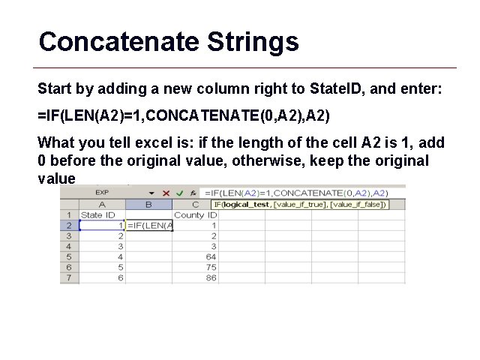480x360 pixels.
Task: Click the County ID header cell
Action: click(194, 214)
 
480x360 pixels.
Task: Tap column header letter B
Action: click(148, 204)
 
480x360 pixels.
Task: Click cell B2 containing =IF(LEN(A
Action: click(149, 225)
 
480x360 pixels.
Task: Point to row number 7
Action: click(68, 277)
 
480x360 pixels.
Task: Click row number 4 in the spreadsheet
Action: click(68, 246)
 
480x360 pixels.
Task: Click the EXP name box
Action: click(102, 193)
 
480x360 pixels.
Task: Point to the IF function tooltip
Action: click(298, 204)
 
